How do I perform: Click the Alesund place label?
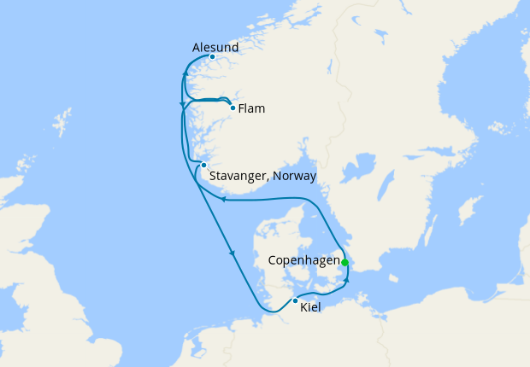pyautogui.click(x=215, y=47)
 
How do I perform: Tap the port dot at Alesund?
pyautogui.click(x=212, y=57)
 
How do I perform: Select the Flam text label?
pyautogui.click(x=251, y=108)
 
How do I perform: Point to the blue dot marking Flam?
pyautogui.click(x=233, y=108)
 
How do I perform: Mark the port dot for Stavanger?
pyautogui.click(x=203, y=165)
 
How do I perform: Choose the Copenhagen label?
pyautogui.click(x=303, y=260)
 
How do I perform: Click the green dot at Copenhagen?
pyautogui.click(x=344, y=262)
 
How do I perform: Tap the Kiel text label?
pyautogui.click(x=310, y=307)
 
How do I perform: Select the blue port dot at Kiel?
pyautogui.click(x=295, y=300)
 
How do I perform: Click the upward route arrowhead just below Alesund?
pyautogui.click(x=185, y=78)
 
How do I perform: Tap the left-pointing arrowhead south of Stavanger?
pyautogui.click(x=222, y=199)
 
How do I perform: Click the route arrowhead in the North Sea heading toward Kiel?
pyautogui.click(x=232, y=253)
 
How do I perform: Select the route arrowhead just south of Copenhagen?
pyautogui.click(x=347, y=279)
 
